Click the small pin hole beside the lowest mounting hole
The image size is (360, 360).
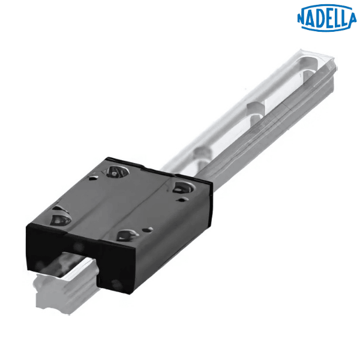pyautogui.click(x=148, y=229)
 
